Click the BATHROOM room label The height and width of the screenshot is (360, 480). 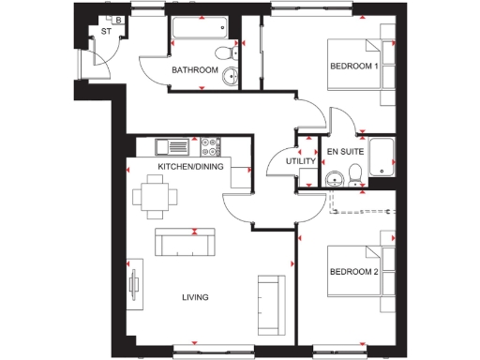[195, 70]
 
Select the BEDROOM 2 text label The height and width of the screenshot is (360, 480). [352, 273]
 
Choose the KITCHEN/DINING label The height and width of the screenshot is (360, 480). [191, 166]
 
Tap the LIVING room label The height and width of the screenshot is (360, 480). [195, 298]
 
